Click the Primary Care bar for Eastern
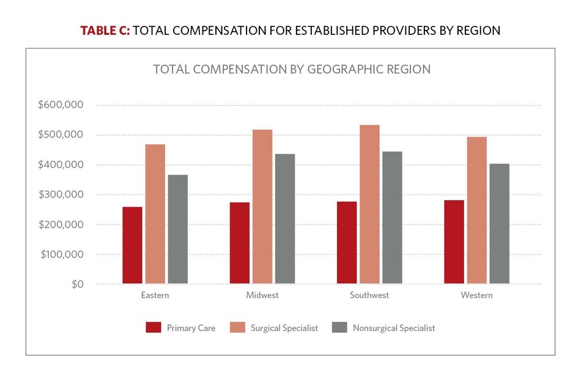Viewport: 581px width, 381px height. pos(132,245)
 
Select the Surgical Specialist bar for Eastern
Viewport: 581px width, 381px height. pos(155,214)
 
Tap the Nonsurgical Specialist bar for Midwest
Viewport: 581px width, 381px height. pos(284,219)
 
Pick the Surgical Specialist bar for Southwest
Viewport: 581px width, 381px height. pos(369,204)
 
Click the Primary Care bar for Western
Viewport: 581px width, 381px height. pos(454,242)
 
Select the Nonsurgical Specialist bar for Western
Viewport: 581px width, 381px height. pos(499,224)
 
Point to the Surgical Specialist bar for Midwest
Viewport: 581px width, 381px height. pos(262,207)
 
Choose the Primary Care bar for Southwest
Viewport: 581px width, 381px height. pos(347,243)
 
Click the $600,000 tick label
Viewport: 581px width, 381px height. pos(61,105)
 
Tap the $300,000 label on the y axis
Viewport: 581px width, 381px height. pos(61,194)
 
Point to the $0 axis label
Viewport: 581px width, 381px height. pos(77,284)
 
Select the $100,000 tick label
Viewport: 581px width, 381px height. pos(61,254)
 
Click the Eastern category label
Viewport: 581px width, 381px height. pos(155,295)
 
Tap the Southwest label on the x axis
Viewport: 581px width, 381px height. pos(369,295)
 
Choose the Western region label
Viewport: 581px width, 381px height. pos(477,295)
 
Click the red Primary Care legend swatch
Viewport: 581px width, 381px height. pos(153,328)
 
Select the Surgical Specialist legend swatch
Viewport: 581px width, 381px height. pos(237,328)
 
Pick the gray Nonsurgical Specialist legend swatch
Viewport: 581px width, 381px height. pos(339,328)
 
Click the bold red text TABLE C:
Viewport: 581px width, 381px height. pos(104,31)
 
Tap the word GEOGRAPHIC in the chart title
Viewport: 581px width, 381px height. pos(344,69)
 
